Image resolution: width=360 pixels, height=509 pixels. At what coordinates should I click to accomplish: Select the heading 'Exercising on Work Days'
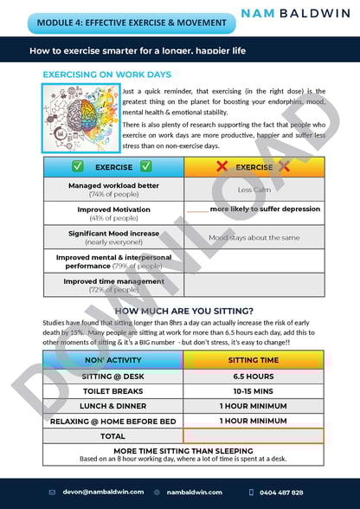[x=106, y=75]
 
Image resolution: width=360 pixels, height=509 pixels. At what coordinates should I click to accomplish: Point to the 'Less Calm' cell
[x=254, y=190]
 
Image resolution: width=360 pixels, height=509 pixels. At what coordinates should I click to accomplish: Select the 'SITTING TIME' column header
[x=253, y=359]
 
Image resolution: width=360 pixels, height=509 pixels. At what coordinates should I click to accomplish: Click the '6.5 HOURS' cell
[x=253, y=377]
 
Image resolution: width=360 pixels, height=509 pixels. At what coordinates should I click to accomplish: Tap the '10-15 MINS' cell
[x=253, y=391]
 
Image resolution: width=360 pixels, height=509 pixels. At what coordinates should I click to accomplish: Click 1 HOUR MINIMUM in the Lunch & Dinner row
[x=253, y=406]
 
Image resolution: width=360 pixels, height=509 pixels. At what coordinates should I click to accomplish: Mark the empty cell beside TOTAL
[x=253, y=435]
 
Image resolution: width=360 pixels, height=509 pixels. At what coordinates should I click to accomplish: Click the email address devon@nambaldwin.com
[x=100, y=492]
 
